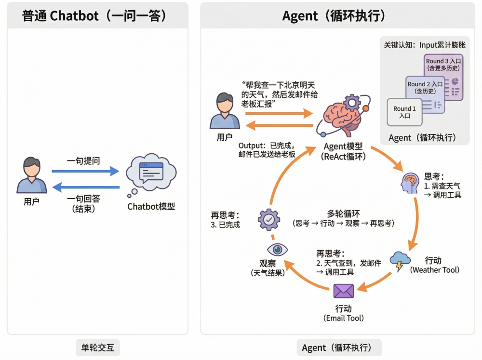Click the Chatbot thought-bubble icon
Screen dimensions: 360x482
[151, 173]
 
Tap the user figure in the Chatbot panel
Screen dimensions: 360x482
[32, 175]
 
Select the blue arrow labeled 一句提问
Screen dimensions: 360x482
[85, 171]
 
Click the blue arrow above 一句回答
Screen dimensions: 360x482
[85, 187]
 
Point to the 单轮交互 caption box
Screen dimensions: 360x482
[97, 347]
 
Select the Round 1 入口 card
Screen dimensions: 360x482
[404, 112]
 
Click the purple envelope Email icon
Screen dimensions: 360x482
[344, 291]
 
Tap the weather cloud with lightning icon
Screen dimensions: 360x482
[400, 261]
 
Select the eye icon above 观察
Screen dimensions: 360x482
[277, 249]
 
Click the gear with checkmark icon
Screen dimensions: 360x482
[268, 220]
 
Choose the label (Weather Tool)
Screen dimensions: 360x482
[435, 270]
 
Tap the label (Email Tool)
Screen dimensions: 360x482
[343, 318]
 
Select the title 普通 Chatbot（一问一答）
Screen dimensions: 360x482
[94, 15]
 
